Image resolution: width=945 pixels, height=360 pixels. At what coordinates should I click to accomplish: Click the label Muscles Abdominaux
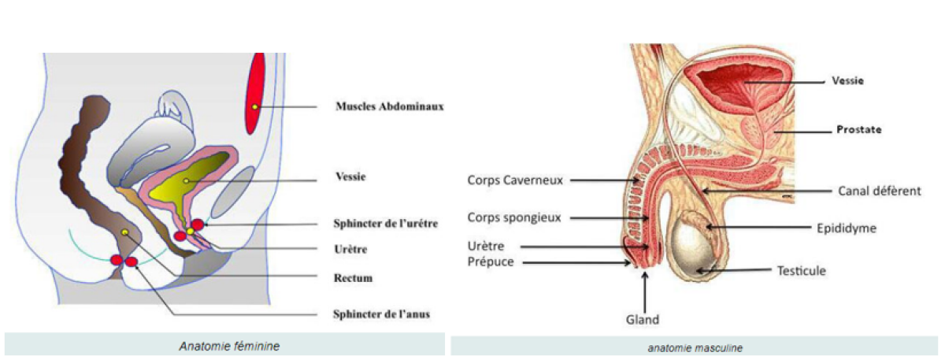pyautogui.click(x=389, y=106)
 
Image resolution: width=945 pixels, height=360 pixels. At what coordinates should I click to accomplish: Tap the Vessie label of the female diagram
pyautogui.click(x=350, y=177)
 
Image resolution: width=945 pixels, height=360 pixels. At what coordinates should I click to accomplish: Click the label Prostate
pyautogui.click(x=858, y=129)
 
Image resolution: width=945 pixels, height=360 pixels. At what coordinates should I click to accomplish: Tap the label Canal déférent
pyautogui.click(x=879, y=191)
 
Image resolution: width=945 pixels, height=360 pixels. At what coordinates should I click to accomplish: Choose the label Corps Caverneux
pyautogui.click(x=515, y=180)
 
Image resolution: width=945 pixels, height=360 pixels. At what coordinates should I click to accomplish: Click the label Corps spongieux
pyautogui.click(x=514, y=217)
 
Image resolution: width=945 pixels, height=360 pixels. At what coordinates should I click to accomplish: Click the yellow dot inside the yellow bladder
pyautogui.click(x=186, y=181)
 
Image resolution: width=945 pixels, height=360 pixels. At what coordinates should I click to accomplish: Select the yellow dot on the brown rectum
pyautogui.click(x=125, y=232)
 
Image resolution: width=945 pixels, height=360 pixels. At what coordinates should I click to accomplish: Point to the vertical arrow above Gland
pyautogui.click(x=645, y=291)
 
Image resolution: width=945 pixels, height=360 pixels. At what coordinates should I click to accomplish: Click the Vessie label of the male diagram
pyautogui.click(x=847, y=80)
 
